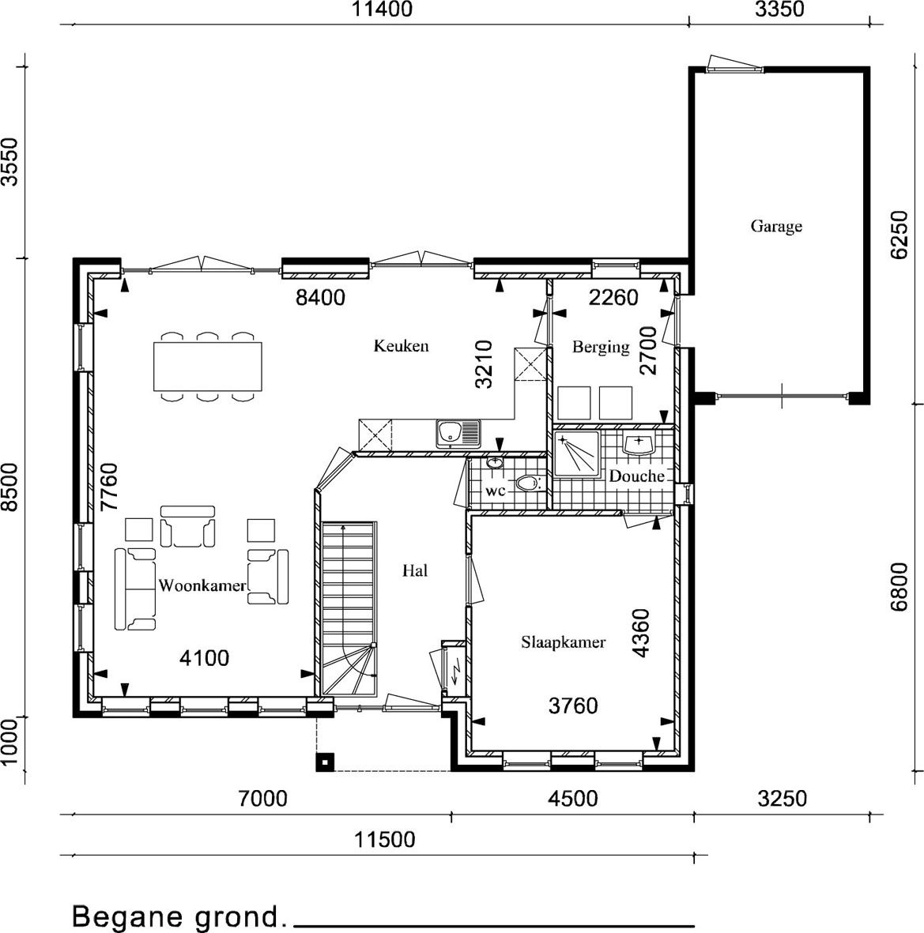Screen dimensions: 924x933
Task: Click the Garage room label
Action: [775, 226]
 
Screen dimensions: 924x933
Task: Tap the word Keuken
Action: [401, 346]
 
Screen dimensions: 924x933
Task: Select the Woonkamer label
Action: [202, 585]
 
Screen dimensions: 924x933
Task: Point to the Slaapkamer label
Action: [564, 642]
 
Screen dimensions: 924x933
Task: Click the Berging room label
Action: [601, 347]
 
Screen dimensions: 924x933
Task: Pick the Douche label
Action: [636, 476]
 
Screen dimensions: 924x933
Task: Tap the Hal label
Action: [415, 571]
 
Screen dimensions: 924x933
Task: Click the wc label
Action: [496, 491]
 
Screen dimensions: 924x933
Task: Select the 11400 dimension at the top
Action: [381, 9]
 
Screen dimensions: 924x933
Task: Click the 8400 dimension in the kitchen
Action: [320, 298]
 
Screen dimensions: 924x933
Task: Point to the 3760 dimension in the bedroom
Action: [573, 705]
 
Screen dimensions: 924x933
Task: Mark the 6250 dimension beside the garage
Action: [899, 235]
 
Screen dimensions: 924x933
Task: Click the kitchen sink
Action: [458, 433]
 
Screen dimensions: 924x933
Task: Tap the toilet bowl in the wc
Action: [527, 483]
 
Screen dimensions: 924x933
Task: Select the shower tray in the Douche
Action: [576, 454]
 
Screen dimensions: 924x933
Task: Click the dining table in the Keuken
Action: [208, 366]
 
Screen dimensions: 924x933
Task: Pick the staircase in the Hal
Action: [349, 608]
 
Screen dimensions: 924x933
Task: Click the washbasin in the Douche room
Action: [638, 443]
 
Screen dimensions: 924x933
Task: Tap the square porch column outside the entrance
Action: [325, 762]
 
